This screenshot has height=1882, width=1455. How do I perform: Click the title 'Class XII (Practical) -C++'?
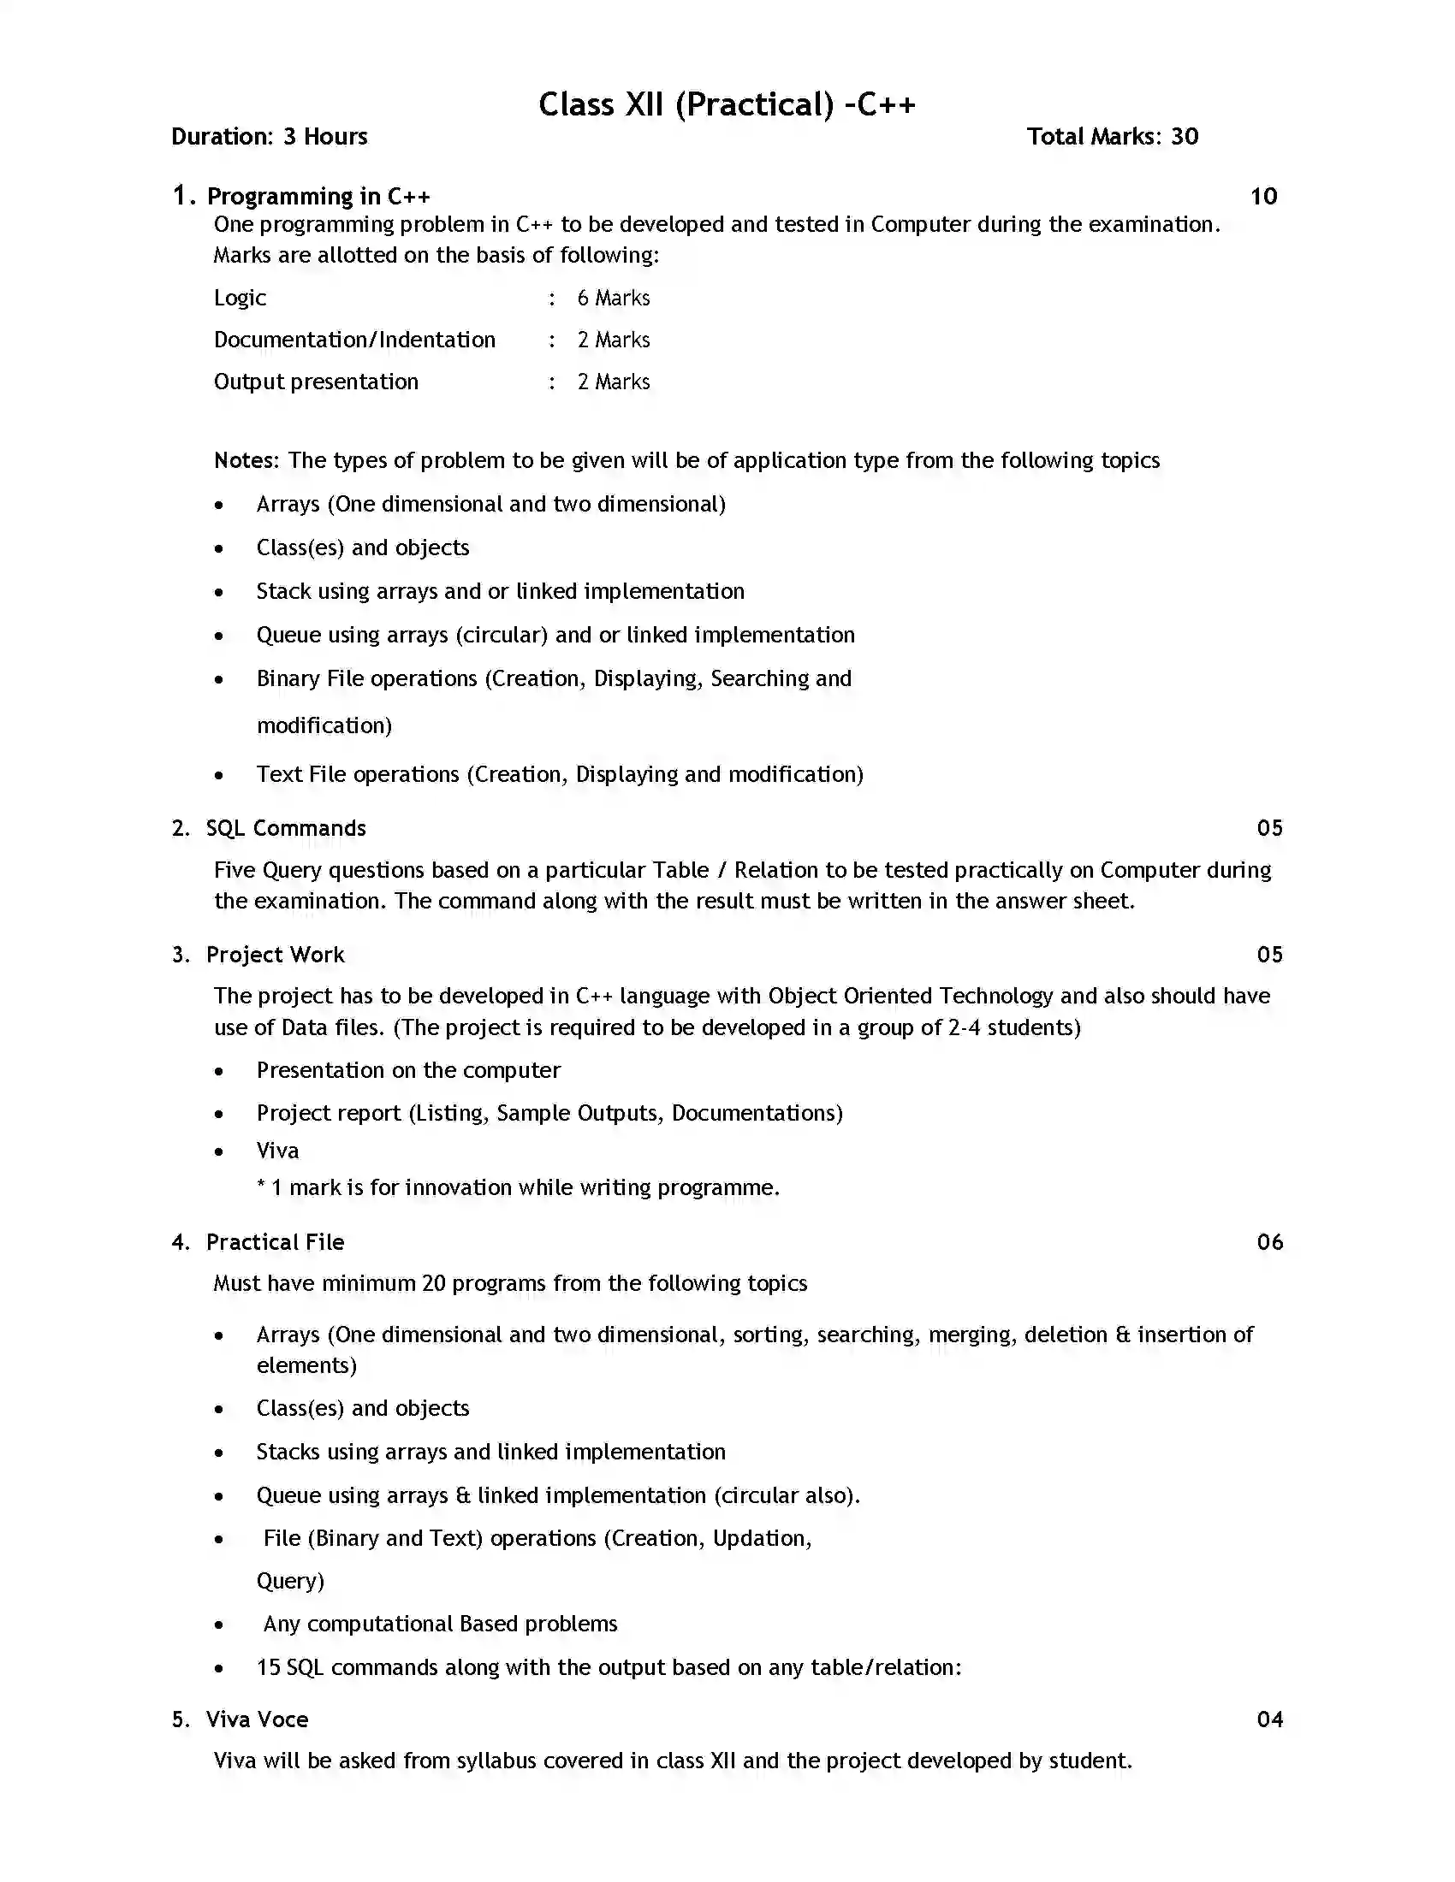pyautogui.click(x=727, y=104)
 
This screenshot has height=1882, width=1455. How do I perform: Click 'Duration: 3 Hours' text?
pyautogui.click(x=269, y=136)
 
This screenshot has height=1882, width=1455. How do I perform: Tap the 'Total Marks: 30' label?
pyautogui.click(x=1112, y=136)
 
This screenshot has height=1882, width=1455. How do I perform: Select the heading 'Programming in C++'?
pyautogui.click(x=318, y=197)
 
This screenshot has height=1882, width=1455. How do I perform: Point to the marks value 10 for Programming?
pyautogui.click(x=1262, y=197)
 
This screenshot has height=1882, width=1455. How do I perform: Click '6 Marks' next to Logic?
pyautogui.click(x=613, y=299)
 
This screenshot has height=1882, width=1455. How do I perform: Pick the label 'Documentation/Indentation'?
pyautogui.click(x=354, y=340)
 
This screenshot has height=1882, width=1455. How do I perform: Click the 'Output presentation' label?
pyautogui.click(x=316, y=382)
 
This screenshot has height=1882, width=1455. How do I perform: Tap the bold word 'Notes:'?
pyautogui.click(x=246, y=460)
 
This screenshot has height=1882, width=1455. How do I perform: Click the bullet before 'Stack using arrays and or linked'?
pyautogui.click(x=219, y=592)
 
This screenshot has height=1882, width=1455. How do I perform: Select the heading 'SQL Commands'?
pyautogui.click(x=285, y=828)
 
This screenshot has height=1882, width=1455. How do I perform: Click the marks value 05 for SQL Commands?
pyautogui.click(x=1268, y=828)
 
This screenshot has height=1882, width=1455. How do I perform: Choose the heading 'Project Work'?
pyautogui.click(x=275, y=955)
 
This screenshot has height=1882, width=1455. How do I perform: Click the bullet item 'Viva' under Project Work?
pyautogui.click(x=277, y=1151)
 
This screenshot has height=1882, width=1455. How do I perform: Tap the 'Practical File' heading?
pyautogui.click(x=275, y=1242)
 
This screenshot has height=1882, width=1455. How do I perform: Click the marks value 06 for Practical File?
pyautogui.click(x=1268, y=1242)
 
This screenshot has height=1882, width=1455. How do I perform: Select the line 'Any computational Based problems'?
pyautogui.click(x=440, y=1624)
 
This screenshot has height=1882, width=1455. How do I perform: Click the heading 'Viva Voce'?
pyautogui.click(x=257, y=1719)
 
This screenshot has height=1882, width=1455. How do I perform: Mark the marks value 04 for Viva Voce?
pyautogui.click(x=1268, y=1719)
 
